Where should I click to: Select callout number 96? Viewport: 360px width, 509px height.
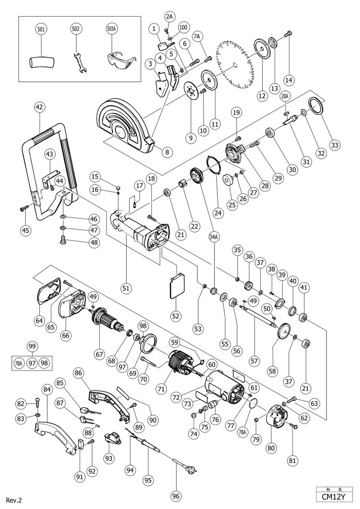point(176,495)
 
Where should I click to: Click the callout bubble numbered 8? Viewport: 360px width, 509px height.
point(167,152)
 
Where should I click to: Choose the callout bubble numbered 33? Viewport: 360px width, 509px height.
point(335,145)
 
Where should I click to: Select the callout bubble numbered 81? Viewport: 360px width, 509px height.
point(293,461)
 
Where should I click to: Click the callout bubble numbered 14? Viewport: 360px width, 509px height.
point(288,80)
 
